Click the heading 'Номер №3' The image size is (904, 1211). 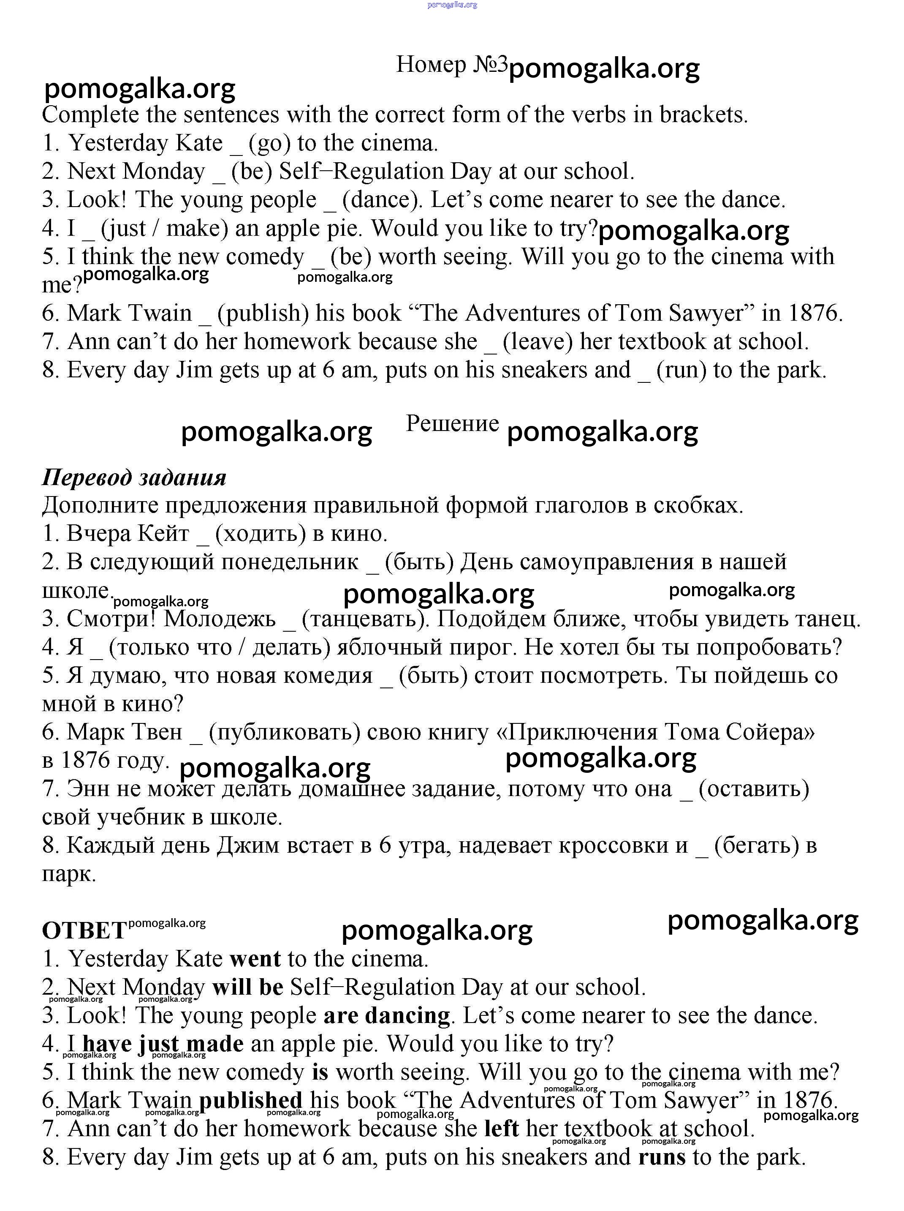(x=451, y=65)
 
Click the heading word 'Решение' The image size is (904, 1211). (x=452, y=424)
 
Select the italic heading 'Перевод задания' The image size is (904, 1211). (x=134, y=477)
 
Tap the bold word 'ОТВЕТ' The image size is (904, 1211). (x=84, y=931)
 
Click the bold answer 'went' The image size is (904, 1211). (x=255, y=959)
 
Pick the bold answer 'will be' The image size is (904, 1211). (x=248, y=987)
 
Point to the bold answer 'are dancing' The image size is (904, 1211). (x=386, y=1015)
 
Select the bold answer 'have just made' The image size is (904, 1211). (x=163, y=1044)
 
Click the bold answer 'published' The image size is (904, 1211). (x=251, y=1100)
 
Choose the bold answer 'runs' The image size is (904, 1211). (x=662, y=1157)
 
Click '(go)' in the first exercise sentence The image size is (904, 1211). (x=269, y=143)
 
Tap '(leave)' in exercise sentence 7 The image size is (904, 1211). (x=538, y=341)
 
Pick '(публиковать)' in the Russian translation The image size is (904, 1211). (x=285, y=732)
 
